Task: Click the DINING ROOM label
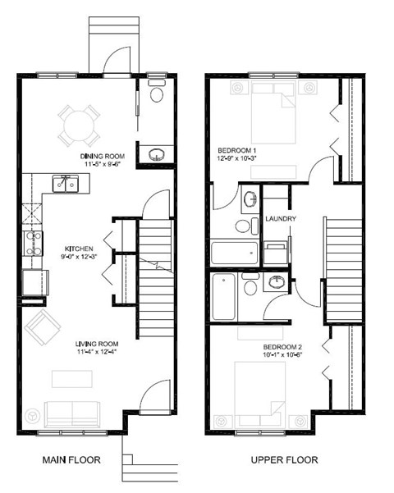[101, 156]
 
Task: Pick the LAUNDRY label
[280, 219]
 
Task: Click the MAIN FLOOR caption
[71, 460]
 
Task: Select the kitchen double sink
[64, 183]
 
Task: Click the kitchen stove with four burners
[32, 243]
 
